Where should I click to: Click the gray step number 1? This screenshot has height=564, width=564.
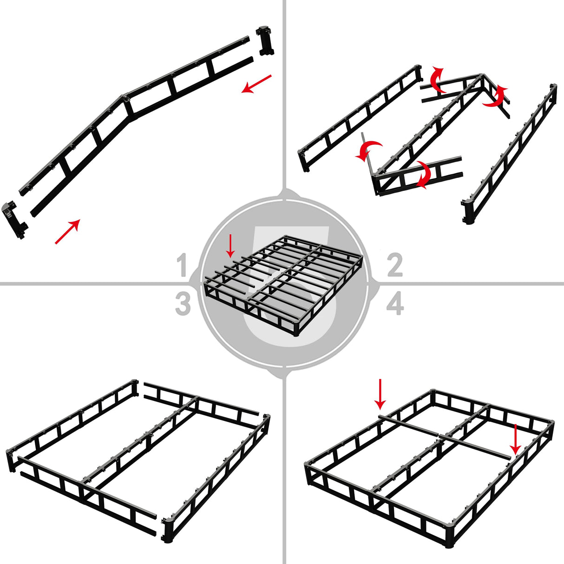pyautogui.click(x=182, y=266)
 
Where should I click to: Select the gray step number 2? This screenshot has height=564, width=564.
pyautogui.click(x=394, y=266)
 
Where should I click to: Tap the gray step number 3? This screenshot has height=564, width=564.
pyautogui.click(x=183, y=304)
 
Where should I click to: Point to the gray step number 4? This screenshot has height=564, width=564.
pyautogui.click(x=395, y=304)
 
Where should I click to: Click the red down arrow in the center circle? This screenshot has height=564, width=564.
pyautogui.click(x=230, y=246)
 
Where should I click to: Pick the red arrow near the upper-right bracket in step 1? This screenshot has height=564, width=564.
pyautogui.click(x=256, y=84)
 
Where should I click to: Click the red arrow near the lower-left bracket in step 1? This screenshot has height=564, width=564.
pyautogui.click(x=67, y=231)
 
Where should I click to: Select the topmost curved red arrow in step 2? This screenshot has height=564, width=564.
pyautogui.click(x=437, y=80)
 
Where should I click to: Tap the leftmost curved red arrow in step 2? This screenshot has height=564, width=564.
pyautogui.click(x=369, y=151)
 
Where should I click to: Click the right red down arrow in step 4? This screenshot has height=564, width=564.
pyautogui.click(x=515, y=439)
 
